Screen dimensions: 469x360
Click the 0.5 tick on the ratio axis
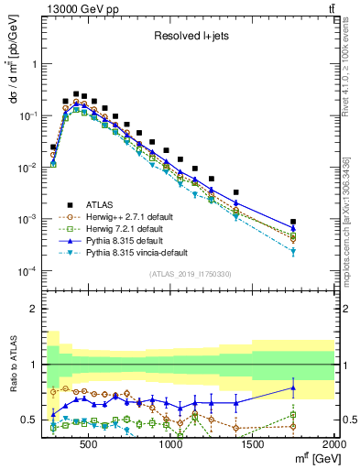[29, 420]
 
